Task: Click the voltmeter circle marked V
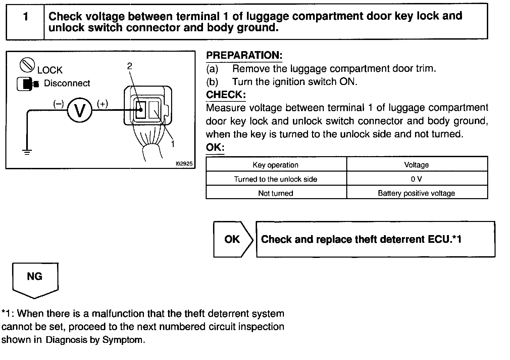coord(80,110)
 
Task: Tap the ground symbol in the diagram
coord(27,152)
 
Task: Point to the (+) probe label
coord(102,104)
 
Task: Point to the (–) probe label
coord(58,104)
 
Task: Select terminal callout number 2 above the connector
coord(130,66)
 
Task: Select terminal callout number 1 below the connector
coord(173,144)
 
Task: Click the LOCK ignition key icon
coord(27,65)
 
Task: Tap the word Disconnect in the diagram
coord(67,83)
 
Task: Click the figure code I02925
coord(184,164)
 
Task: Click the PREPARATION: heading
coord(244,55)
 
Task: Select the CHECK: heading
coord(225,95)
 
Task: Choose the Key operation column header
coord(275,165)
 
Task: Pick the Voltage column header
coord(416,165)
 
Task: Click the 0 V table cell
coord(416,179)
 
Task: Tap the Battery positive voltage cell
coord(416,193)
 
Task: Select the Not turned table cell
coord(275,193)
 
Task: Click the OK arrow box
coord(233,239)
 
